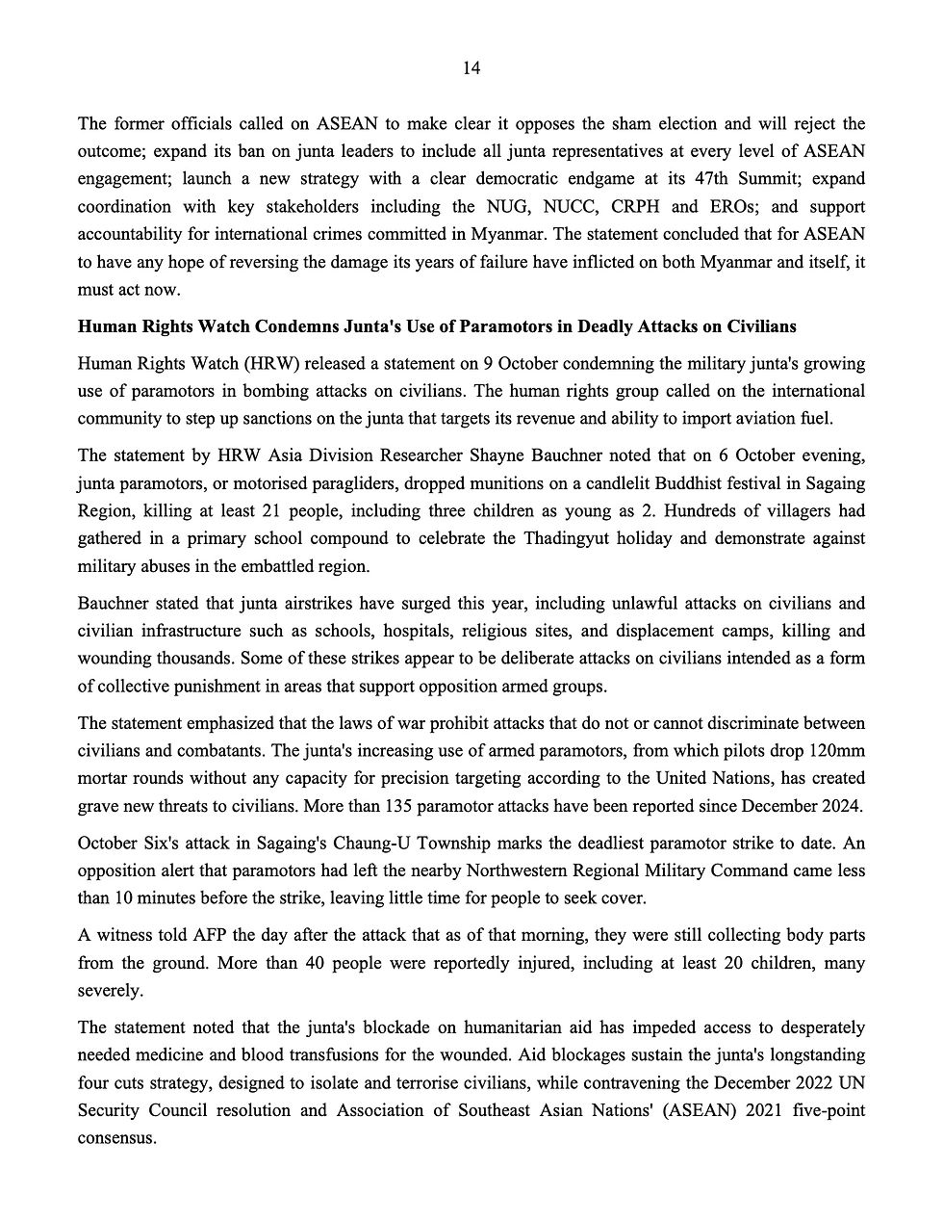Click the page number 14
(471, 68)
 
